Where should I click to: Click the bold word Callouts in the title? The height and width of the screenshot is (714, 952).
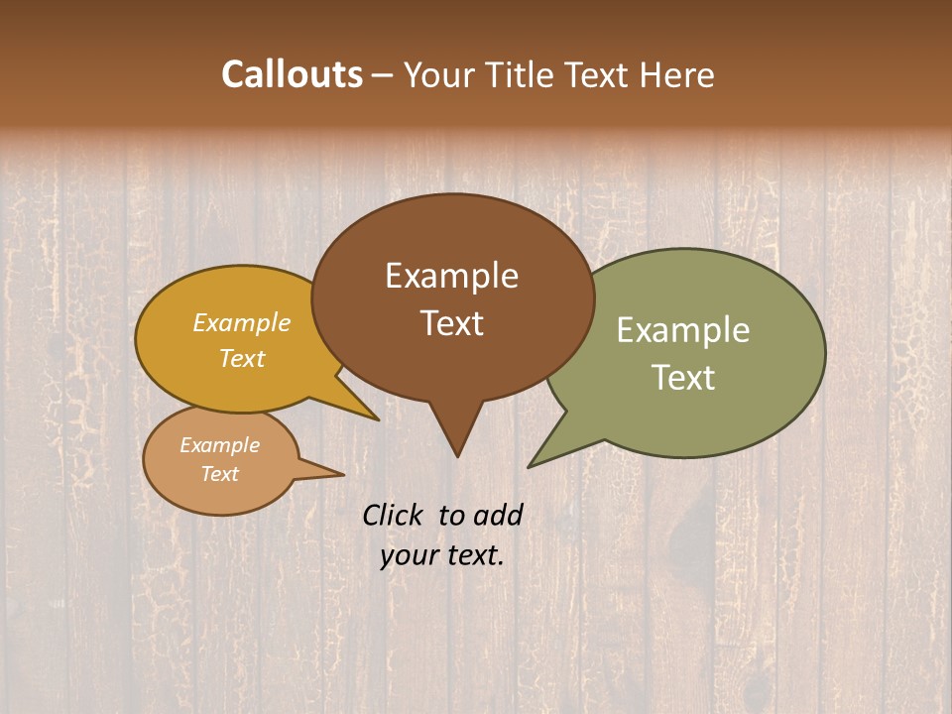click(x=292, y=75)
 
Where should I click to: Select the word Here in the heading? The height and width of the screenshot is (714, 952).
click(x=677, y=75)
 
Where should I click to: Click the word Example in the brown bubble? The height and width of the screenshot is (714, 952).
click(x=451, y=277)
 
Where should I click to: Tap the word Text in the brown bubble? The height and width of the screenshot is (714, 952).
click(x=451, y=323)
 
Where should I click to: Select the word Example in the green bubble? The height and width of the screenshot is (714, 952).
click(x=682, y=331)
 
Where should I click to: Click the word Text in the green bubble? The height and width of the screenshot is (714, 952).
click(x=682, y=378)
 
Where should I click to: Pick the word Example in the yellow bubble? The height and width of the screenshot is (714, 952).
click(x=242, y=323)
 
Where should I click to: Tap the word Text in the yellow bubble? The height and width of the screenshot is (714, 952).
click(x=242, y=359)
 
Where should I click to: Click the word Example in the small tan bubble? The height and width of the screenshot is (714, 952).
click(x=219, y=446)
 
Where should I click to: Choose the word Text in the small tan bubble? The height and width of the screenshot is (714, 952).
click(x=219, y=474)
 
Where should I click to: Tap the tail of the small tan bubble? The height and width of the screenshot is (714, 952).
click(x=332, y=473)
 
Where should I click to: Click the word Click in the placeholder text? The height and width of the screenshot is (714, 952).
click(x=396, y=516)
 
